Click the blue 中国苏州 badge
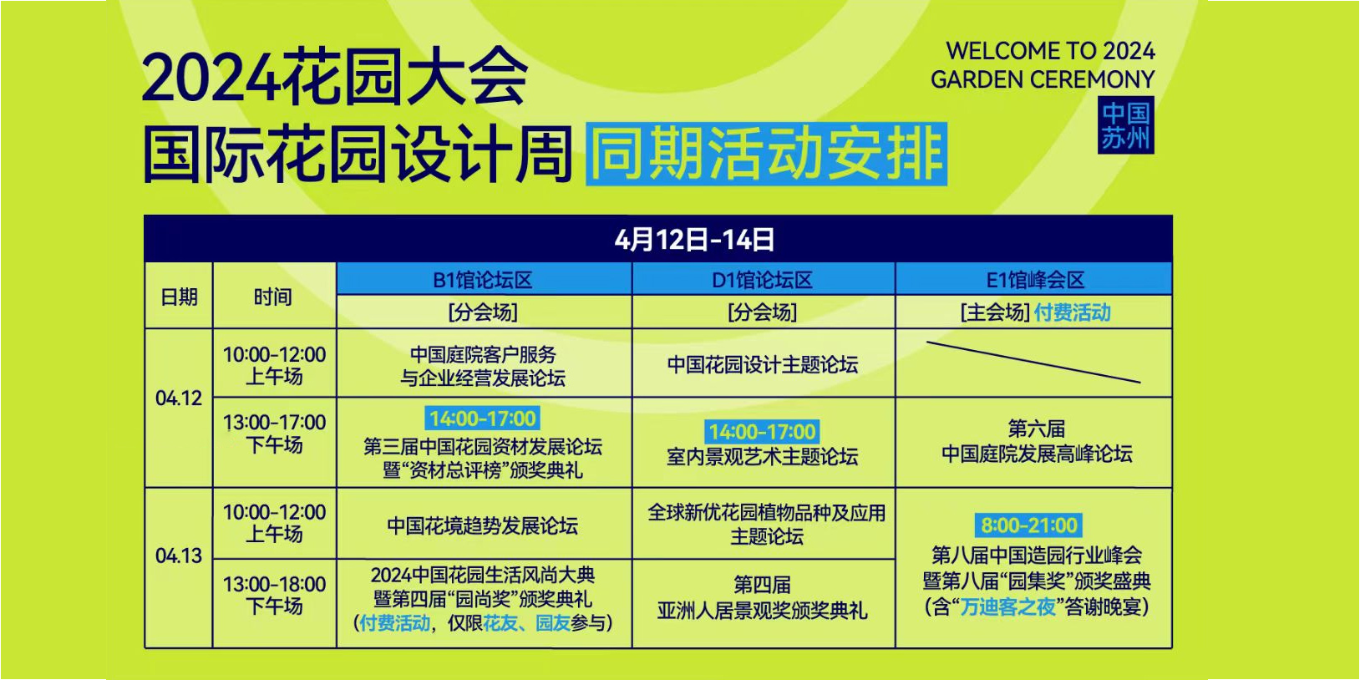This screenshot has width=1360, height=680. pyautogui.click(x=1125, y=125)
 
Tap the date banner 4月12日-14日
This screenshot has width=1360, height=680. pyautogui.click(x=694, y=240)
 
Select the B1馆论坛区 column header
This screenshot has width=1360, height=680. pyautogui.click(x=484, y=280)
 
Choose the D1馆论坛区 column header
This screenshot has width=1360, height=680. pyautogui.click(x=763, y=280)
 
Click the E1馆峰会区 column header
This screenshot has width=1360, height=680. pyautogui.click(x=1034, y=280)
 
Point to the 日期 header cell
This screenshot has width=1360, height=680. pyautogui.click(x=179, y=297)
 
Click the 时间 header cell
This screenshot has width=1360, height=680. pyautogui.click(x=273, y=297)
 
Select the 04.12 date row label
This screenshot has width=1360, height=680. pyautogui.click(x=179, y=398)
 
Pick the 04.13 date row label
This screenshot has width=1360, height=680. pyautogui.click(x=179, y=556)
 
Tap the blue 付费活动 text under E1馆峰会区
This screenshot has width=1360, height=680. pyautogui.click(x=1073, y=312)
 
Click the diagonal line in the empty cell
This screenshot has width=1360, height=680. pyautogui.click(x=1033, y=363)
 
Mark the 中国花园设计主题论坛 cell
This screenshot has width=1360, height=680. pyautogui.click(x=764, y=364)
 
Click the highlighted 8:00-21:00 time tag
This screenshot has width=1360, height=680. pyautogui.click(x=1029, y=525)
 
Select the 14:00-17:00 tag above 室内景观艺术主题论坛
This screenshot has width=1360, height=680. pyautogui.click(x=762, y=432)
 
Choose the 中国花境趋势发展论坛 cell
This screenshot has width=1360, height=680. pyautogui.click(x=484, y=525)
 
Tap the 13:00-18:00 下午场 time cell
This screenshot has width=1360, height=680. pyautogui.click(x=274, y=595)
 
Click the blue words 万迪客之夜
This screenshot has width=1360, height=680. pyautogui.click(x=1007, y=606)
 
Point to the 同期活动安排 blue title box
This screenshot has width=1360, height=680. pyautogui.click(x=766, y=153)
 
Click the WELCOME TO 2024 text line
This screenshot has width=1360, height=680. pyautogui.click(x=1050, y=50)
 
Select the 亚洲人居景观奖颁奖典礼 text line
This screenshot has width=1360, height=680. pyautogui.click(x=763, y=610)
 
